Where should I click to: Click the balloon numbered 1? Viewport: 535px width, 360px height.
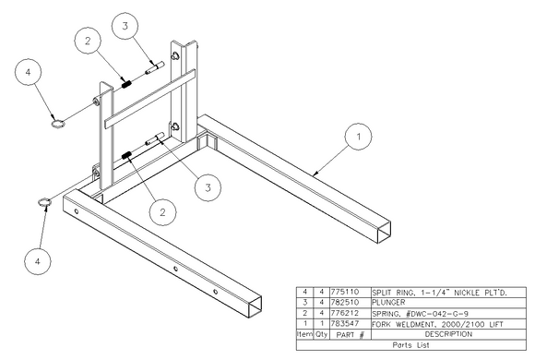coord(358,137)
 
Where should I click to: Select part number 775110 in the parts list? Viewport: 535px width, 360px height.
coord(345,292)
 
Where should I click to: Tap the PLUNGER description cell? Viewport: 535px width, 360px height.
coord(388,303)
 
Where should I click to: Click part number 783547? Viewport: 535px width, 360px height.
coord(345,323)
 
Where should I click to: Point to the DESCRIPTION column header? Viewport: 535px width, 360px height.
coord(448,334)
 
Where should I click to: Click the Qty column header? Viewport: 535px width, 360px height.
coord(321,334)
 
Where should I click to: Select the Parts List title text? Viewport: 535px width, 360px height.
coord(410,345)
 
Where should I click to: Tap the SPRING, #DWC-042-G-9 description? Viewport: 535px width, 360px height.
coord(420,313)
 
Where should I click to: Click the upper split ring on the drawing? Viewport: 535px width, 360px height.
coord(58,123)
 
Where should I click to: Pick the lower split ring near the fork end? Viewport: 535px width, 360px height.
coord(44,202)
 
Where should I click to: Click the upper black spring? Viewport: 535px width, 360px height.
coord(126,84)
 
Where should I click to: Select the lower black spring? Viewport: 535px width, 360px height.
coord(126,155)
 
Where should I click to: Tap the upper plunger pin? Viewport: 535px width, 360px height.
coord(155,67)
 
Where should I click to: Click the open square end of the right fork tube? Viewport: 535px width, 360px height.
coord(385,233)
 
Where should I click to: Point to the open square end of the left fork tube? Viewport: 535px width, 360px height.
coord(255,307)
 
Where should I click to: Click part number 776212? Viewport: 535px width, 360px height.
coord(345,313)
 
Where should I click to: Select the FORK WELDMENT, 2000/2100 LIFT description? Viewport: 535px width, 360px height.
coord(437,324)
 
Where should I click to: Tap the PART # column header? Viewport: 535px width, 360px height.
coord(351,335)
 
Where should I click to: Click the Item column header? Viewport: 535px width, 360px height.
coord(304,334)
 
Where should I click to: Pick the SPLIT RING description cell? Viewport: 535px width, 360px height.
coord(439,293)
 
